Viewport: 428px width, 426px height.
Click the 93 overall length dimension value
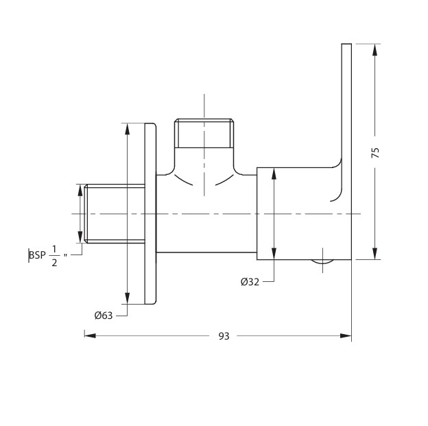click(224, 336)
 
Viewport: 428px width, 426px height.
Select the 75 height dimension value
click(376, 153)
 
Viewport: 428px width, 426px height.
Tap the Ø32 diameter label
click(250, 281)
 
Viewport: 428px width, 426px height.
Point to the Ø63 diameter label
click(104, 316)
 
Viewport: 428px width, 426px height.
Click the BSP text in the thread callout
click(38, 255)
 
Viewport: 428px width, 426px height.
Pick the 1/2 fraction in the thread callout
click(54, 256)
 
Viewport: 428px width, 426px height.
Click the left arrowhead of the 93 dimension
click(90, 335)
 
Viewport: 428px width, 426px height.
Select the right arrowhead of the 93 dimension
click(346, 335)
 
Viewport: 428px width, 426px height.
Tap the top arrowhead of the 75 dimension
click(375, 49)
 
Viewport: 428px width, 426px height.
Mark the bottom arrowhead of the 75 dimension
click(375, 254)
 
